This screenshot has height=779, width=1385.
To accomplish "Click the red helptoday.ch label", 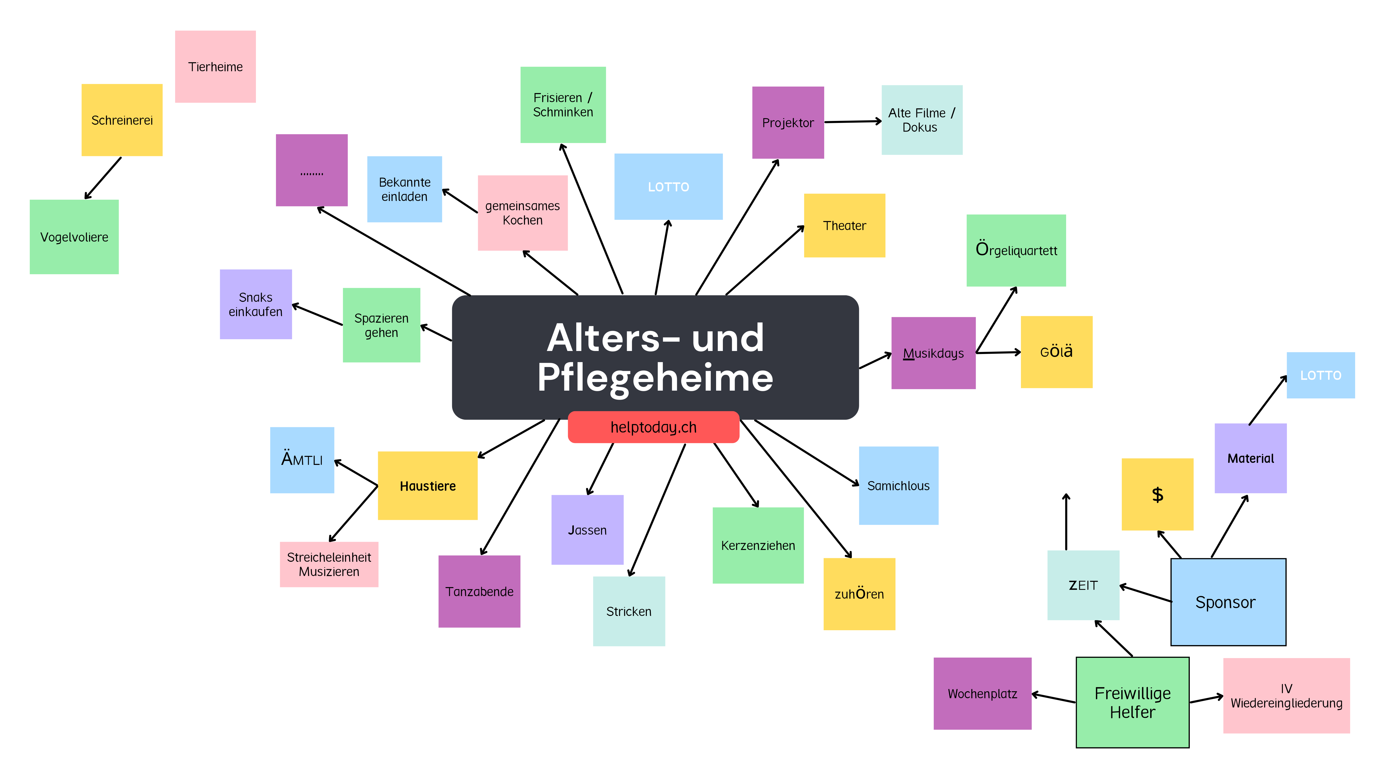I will [x=653, y=428].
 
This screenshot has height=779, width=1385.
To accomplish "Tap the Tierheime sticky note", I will [x=215, y=67].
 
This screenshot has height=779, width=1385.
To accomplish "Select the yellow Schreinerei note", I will [x=122, y=120].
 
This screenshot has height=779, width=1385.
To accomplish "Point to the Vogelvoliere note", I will [x=74, y=237].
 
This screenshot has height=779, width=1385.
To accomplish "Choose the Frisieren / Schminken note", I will [x=563, y=105].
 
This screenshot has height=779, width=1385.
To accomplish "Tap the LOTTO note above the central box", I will [x=668, y=187].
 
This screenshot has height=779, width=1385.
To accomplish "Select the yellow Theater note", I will [x=844, y=226].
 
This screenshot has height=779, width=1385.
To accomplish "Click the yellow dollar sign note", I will [x=1157, y=494].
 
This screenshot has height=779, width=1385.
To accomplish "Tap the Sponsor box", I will [x=1228, y=602].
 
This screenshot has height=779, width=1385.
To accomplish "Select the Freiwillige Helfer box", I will [x=1132, y=702].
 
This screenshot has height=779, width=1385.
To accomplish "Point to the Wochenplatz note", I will [x=982, y=693].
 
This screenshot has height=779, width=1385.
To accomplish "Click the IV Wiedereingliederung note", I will [x=1286, y=696].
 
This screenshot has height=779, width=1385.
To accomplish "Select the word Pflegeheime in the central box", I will [x=655, y=378].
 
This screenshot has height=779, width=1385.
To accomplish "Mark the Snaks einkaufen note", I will [x=255, y=304].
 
